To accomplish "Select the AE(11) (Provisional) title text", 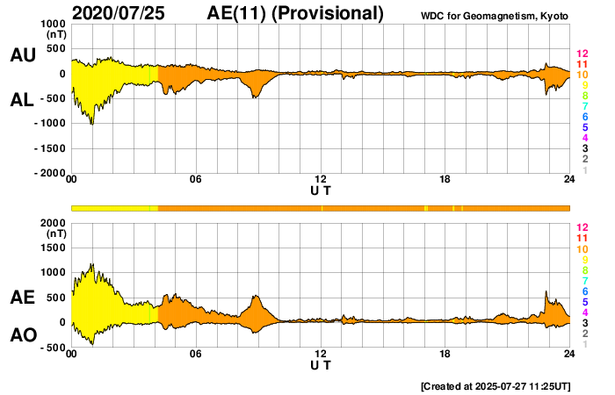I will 296,13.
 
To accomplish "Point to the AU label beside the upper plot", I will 22,55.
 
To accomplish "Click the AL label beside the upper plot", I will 22,100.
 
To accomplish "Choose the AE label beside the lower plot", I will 22,298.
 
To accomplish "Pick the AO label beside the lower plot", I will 22,335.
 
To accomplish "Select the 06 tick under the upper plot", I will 196,180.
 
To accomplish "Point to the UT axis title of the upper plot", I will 321,190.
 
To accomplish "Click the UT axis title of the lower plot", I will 321,364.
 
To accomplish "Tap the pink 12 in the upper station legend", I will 581,54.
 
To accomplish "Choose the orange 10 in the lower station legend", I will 581,248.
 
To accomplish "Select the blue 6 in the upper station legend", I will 582,117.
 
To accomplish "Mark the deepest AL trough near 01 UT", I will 91,123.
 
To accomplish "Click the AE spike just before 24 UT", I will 546,292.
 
